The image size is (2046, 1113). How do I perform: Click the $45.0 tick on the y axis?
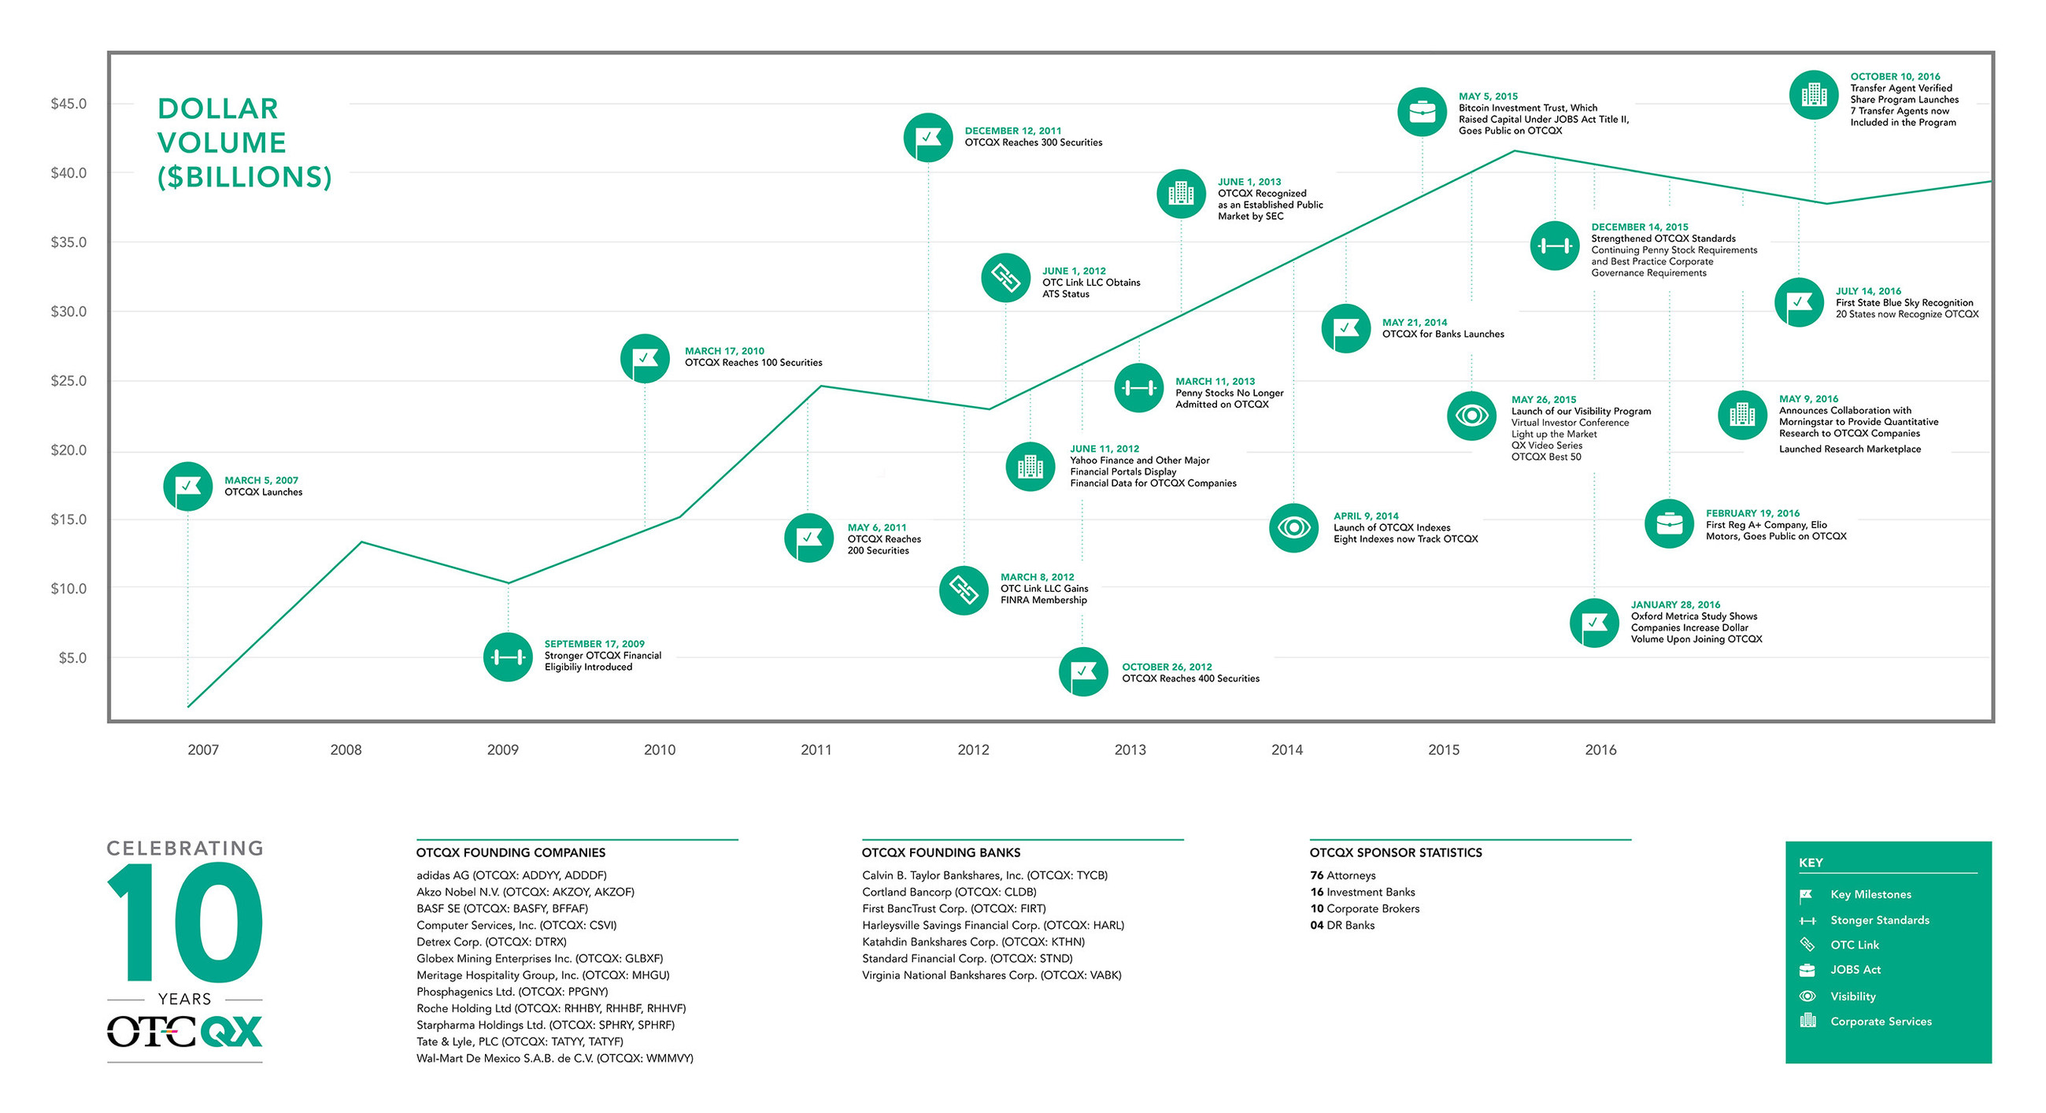(x=68, y=104)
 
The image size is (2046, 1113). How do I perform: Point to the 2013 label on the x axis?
(x=1130, y=749)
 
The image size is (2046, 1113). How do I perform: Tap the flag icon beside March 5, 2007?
(x=187, y=486)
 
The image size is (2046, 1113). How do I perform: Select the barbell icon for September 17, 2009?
(x=508, y=657)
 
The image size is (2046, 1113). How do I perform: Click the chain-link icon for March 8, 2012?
(x=964, y=590)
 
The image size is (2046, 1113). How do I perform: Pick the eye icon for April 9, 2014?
(x=1294, y=527)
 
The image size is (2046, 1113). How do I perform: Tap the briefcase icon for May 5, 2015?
(x=1422, y=112)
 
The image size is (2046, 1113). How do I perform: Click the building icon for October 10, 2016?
(x=1813, y=95)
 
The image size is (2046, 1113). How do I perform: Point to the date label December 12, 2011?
(x=1012, y=131)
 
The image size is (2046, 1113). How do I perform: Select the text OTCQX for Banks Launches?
(x=1442, y=335)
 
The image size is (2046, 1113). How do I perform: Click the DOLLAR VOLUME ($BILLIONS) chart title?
(x=244, y=143)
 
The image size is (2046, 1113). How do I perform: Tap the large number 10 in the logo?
(x=184, y=923)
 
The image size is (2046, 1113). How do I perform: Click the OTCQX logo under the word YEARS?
(x=184, y=1031)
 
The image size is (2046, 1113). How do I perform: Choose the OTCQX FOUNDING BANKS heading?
(x=941, y=852)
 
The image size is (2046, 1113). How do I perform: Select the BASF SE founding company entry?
(x=502, y=909)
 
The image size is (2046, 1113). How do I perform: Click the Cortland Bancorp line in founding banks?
(x=949, y=892)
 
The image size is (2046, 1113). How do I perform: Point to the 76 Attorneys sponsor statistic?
(x=1342, y=875)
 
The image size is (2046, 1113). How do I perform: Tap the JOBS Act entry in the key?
(x=1855, y=970)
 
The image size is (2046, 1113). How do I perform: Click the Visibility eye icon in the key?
(x=1807, y=997)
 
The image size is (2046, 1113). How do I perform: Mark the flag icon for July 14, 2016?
(x=1798, y=303)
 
